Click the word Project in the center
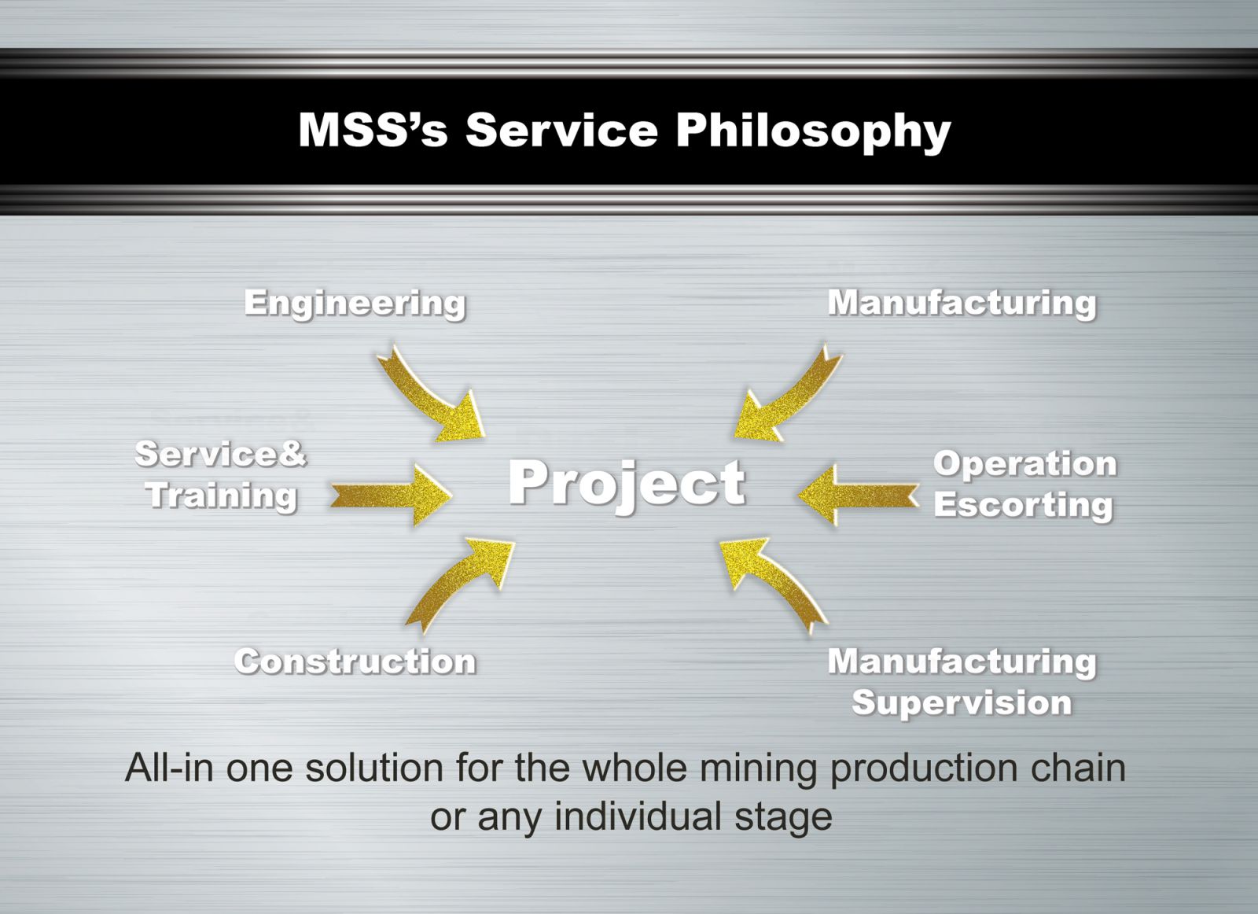point(627,485)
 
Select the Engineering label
point(355,304)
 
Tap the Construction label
point(355,662)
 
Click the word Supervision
point(962,704)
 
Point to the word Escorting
point(1023,505)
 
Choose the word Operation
point(1025,465)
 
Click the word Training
point(221,496)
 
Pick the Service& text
point(221,454)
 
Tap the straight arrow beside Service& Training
point(392,495)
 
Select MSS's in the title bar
point(373,130)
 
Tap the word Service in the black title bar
point(561,130)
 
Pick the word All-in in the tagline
point(169,768)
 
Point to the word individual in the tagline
point(638,816)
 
